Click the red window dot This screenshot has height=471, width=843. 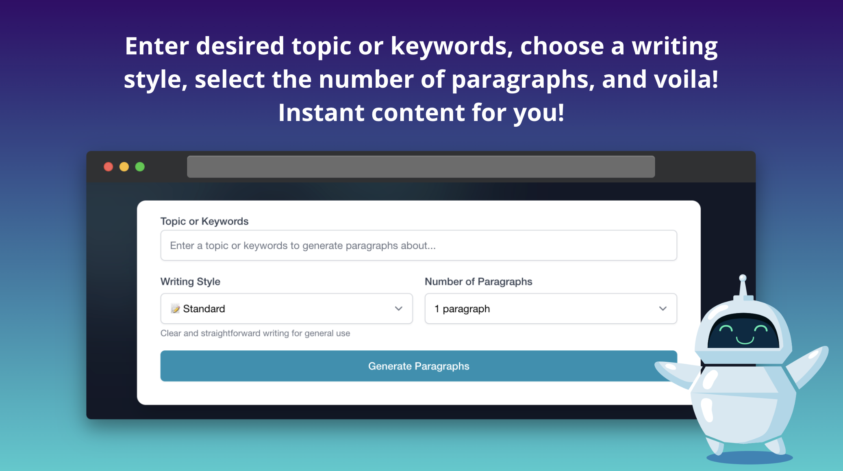coord(108,167)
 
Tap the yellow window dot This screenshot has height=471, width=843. coord(124,167)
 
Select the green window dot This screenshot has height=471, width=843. coord(140,167)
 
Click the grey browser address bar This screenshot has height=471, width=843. coord(421,167)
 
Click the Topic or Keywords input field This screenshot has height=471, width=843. coord(418,246)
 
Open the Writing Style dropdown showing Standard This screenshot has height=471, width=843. coord(286,309)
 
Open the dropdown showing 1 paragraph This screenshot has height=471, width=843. coord(550,309)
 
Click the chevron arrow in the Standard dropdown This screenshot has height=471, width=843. coord(398,309)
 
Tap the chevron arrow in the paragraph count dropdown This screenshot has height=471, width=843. coord(663,309)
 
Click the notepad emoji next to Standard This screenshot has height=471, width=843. coord(175,309)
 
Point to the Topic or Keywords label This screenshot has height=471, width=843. coord(204,221)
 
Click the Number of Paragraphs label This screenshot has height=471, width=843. coord(478,281)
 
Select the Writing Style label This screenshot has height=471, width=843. coord(190,281)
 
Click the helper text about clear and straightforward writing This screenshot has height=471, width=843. coord(255,333)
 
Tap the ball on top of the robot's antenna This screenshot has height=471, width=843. coord(743,278)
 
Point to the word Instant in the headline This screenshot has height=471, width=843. coord(321,112)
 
